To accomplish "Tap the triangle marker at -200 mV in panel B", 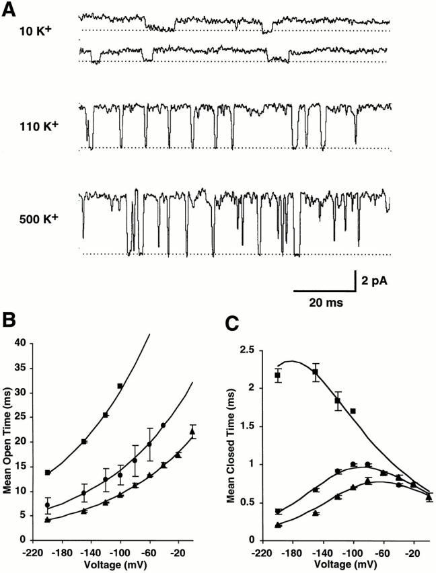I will coord(47,519).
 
